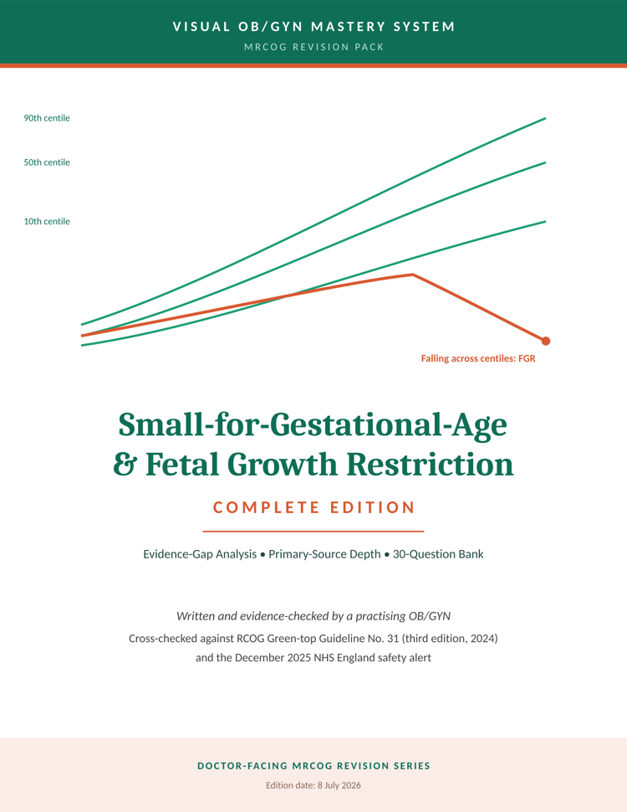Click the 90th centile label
(x=47, y=118)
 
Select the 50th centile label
(x=47, y=162)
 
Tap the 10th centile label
(x=47, y=221)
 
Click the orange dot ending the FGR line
(x=545, y=341)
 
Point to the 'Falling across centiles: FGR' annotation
(x=478, y=358)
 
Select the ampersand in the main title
(x=125, y=464)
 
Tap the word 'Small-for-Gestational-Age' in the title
(x=313, y=425)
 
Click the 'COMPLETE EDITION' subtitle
(x=314, y=507)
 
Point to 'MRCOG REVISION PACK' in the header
(x=314, y=47)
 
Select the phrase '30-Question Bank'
(x=438, y=554)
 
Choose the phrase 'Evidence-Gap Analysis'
(x=200, y=554)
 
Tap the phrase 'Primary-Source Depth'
(x=324, y=554)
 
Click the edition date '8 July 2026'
(x=339, y=785)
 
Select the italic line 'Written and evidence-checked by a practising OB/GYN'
(x=313, y=616)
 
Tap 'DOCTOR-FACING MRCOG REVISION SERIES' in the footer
(x=314, y=766)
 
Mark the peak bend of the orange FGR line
(x=413, y=275)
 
